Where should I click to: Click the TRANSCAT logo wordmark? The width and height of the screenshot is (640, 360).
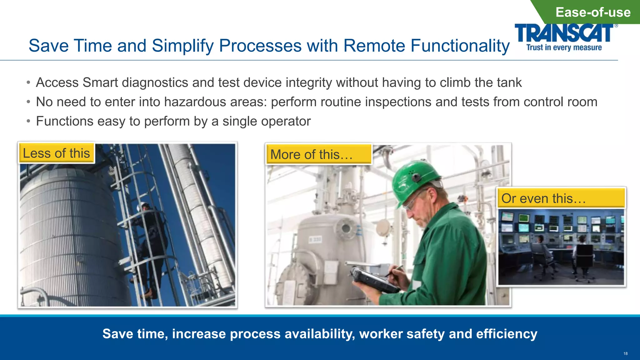pyautogui.click(x=564, y=33)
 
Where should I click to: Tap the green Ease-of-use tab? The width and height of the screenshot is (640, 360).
pyautogui.click(x=592, y=12)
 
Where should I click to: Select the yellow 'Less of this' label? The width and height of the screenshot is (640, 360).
pyautogui.click(x=57, y=153)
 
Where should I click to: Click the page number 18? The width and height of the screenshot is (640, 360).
pyautogui.click(x=625, y=353)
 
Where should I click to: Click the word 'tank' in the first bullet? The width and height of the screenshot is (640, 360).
pyautogui.click(x=510, y=82)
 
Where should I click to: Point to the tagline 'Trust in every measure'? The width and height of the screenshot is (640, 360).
pyautogui.click(x=564, y=47)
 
